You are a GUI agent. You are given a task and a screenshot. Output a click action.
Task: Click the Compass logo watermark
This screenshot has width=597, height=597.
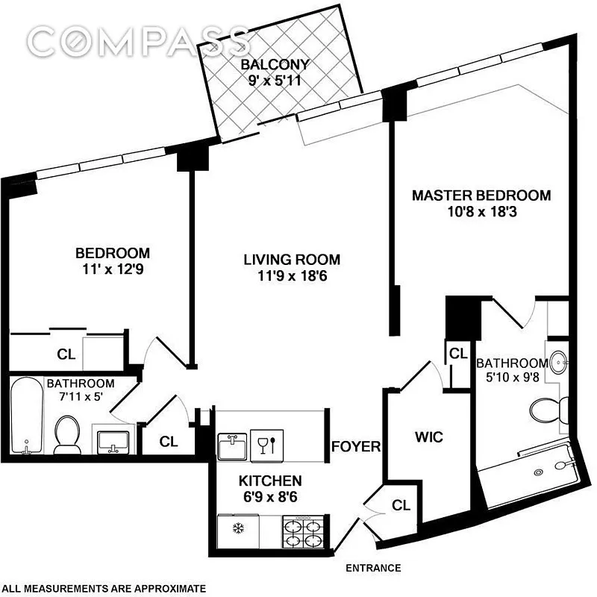point(139,41)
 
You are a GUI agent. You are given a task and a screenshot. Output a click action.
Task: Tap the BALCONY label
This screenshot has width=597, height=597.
point(275,64)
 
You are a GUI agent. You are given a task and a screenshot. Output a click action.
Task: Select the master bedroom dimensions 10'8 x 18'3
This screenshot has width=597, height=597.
point(481,212)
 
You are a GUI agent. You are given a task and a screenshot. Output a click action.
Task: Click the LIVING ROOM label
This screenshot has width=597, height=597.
point(292,260)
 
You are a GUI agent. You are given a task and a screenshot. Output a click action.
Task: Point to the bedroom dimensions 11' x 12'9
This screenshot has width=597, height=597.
point(113,269)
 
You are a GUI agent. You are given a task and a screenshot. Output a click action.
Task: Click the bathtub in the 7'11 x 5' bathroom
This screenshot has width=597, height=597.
point(26,415)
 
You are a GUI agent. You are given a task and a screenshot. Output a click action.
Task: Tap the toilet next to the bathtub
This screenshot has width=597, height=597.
point(67,434)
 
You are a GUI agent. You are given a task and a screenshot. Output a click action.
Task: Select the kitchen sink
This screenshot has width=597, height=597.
point(232,445)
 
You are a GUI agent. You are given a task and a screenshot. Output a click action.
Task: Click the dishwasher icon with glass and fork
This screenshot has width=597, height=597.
point(267,446)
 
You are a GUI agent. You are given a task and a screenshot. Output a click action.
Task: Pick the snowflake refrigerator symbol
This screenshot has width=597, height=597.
point(239,528)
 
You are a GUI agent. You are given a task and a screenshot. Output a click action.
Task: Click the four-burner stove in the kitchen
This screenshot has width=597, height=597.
point(303,531)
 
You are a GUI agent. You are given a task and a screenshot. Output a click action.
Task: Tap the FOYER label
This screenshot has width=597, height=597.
point(356,446)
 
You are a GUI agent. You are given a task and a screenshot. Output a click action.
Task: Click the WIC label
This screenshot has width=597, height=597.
point(429,437)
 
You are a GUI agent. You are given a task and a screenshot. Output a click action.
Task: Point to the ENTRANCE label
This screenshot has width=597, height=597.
point(373,568)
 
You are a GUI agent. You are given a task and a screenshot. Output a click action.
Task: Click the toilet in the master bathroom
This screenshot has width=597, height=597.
point(548,410)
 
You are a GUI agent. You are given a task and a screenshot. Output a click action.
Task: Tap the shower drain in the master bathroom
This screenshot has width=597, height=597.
point(538,472)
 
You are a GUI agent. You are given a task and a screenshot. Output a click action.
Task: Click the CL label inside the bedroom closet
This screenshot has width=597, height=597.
point(66,354)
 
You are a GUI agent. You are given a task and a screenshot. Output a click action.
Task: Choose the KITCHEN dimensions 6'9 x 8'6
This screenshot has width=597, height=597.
point(270,497)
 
